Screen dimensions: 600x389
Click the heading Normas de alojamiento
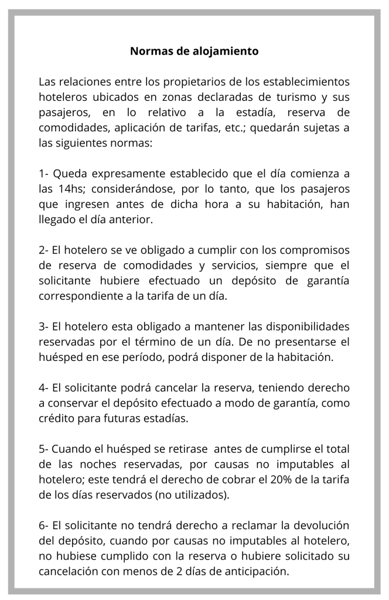click(194, 51)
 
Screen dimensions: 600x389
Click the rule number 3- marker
click(44, 326)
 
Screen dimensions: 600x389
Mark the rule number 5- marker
click(44, 448)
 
